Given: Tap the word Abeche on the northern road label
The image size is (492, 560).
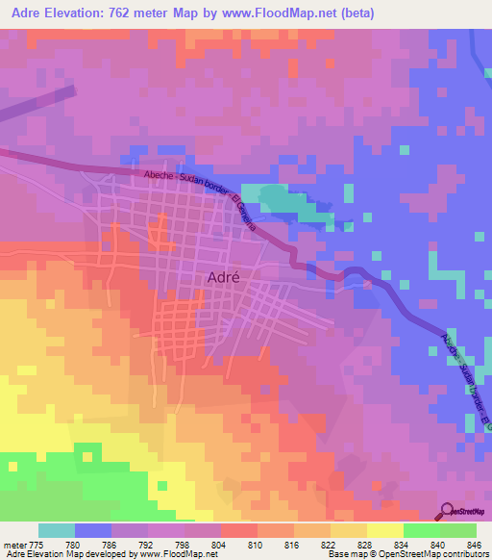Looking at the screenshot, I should [x=158, y=174].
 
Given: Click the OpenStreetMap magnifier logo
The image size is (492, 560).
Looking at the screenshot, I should [x=447, y=510].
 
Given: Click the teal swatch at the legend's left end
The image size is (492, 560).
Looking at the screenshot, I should [x=57, y=530].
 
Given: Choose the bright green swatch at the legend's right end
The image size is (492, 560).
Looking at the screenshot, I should [x=457, y=530].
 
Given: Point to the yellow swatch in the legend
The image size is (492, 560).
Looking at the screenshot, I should [x=384, y=530].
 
